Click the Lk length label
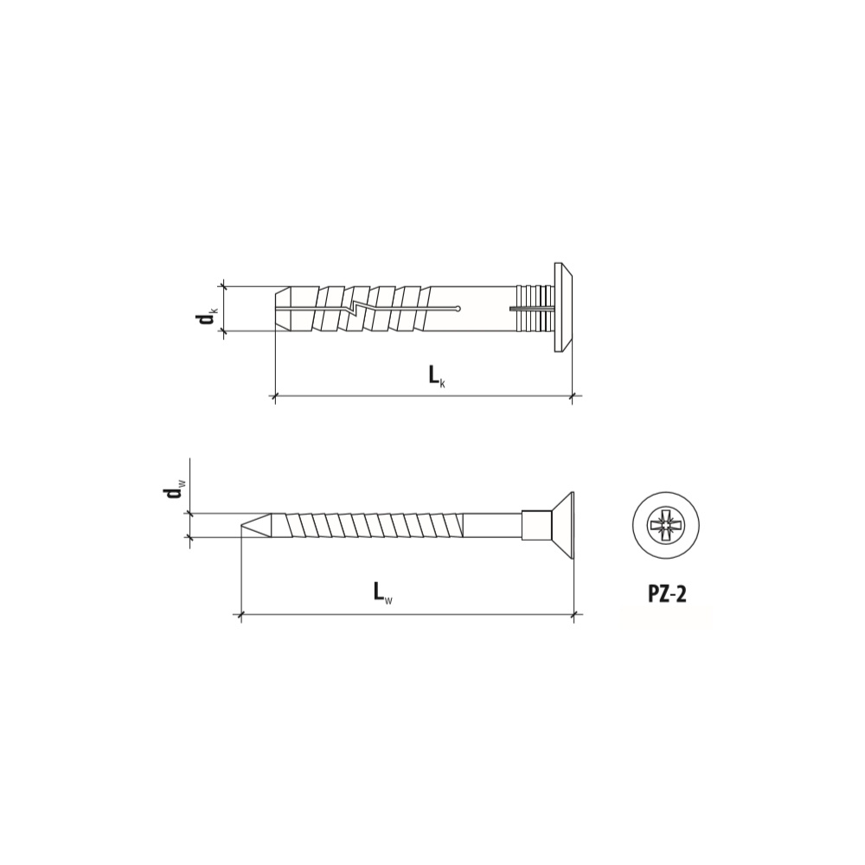[437, 377]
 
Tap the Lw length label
[383, 594]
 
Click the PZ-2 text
[666, 595]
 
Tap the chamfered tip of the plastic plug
[283, 309]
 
